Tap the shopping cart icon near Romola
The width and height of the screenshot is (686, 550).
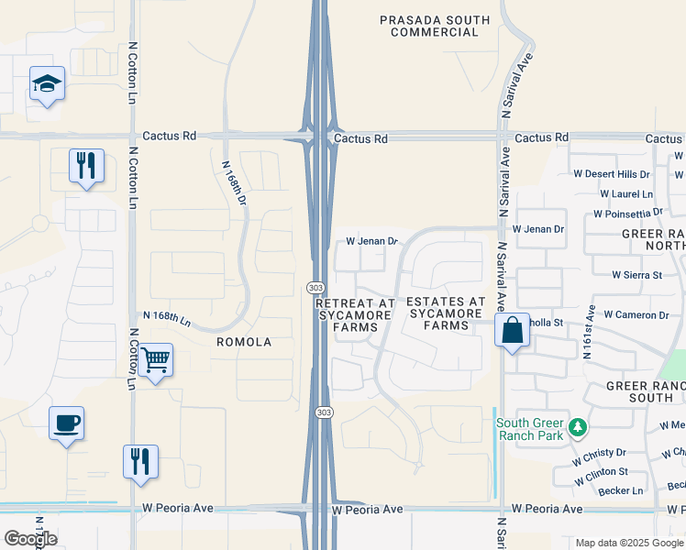pyautogui.click(x=156, y=360)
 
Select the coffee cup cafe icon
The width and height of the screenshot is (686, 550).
pyautogui.click(x=67, y=423)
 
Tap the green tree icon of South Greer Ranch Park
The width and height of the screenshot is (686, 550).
pyautogui.click(x=577, y=427)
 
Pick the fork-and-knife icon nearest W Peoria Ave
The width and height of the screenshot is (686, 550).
pyautogui.click(x=140, y=461)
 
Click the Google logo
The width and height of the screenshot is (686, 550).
pyautogui.click(x=30, y=539)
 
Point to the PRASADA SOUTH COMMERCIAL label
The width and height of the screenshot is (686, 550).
pyautogui.click(x=435, y=26)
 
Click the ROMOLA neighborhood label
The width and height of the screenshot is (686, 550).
pyautogui.click(x=244, y=342)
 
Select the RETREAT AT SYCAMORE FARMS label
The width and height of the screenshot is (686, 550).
pyautogui.click(x=354, y=313)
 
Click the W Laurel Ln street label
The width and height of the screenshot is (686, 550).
pyautogui.click(x=626, y=194)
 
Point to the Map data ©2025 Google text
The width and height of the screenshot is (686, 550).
pyautogui.click(x=629, y=543)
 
